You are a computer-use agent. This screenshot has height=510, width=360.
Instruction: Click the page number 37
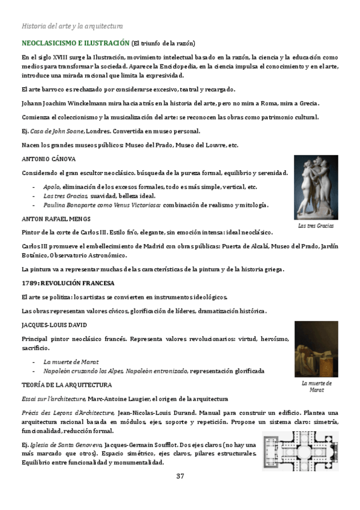click(180, 476)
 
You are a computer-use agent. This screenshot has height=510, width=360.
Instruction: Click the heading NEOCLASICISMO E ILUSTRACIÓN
click(75, 44)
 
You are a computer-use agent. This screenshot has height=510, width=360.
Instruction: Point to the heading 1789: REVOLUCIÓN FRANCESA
click(67, 283)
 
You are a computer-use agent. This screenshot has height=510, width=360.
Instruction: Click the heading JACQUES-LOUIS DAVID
click(53, 325)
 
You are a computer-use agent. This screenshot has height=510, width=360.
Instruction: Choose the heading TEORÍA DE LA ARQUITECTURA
click(66, 384)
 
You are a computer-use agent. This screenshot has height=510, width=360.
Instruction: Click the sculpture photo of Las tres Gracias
click(316, 187)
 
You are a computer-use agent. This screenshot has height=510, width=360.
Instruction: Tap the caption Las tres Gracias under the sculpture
click(316, 226)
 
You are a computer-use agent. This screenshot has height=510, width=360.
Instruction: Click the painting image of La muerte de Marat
click(316, 349)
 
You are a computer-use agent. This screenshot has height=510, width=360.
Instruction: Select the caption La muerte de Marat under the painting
click(316, 386)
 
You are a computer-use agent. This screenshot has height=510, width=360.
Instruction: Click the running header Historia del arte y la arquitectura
click(72, 26)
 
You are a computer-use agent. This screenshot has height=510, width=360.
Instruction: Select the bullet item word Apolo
click(52, 187)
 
